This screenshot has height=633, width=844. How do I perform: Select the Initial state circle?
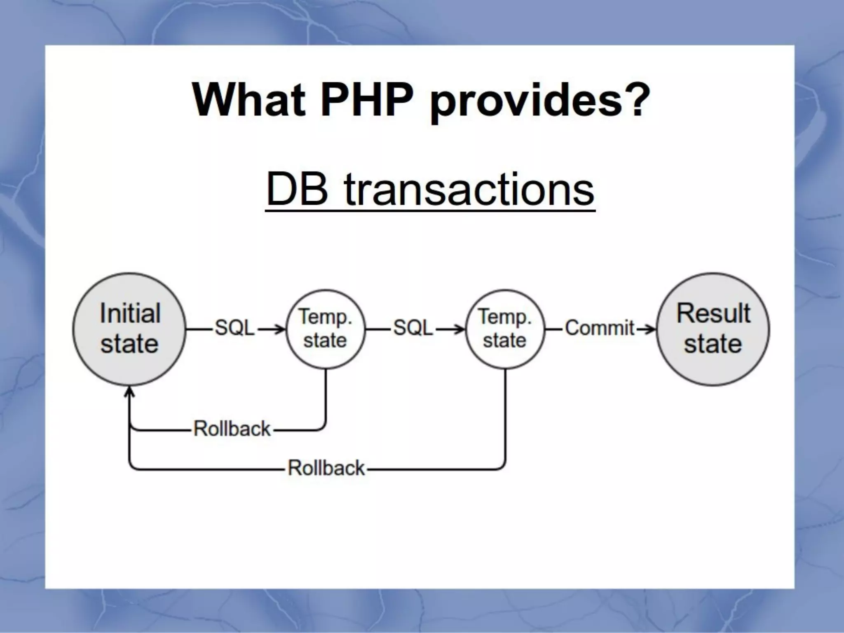[129, 329]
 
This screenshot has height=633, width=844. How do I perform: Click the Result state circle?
[713, 329]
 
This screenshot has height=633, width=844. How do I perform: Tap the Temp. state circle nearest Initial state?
[326, 329]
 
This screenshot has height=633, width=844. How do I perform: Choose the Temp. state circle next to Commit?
[505, 329]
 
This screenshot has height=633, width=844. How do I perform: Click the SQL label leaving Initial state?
[235, 328]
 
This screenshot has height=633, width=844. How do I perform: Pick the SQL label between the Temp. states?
[413, 328]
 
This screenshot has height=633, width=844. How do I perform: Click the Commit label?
[600, 328]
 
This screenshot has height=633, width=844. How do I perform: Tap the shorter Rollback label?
[232, 429]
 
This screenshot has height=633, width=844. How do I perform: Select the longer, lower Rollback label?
[326, 468]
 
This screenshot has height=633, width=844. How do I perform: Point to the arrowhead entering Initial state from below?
[130, 392]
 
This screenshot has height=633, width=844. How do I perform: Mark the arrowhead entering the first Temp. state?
[281, 329]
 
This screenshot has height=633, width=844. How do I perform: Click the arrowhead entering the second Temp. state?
[460, 329]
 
